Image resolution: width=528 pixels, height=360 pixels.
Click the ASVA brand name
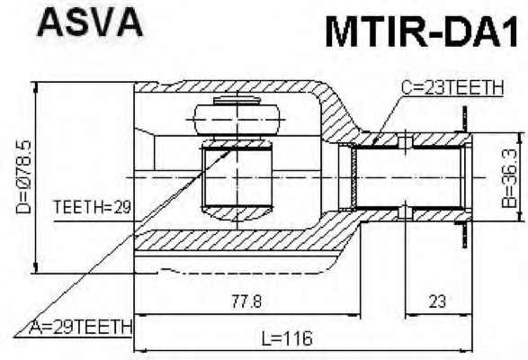(90, 22)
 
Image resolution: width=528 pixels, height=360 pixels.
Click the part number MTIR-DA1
(421, 32)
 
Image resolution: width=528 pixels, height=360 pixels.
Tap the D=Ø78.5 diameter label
(23, 177)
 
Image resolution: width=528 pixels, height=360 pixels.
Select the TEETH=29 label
(92, 207)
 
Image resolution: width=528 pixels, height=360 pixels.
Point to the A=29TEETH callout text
(81, 327)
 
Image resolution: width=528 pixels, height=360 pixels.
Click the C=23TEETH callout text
(452, 87)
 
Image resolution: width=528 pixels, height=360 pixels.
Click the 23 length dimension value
(437, 301)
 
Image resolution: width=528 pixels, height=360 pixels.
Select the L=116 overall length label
(287, 338)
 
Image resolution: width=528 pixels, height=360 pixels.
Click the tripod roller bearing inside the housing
(237, 119)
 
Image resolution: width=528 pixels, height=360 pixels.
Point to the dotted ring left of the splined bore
(353, 177)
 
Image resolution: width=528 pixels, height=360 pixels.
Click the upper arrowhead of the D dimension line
(35, 87)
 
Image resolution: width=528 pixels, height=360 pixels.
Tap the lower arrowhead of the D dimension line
(35, 267)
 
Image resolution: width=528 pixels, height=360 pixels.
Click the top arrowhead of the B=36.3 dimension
(522, 139)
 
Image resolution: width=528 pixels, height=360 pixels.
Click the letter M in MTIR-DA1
(340, 32)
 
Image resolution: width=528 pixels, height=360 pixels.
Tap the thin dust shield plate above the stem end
(465, 119)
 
